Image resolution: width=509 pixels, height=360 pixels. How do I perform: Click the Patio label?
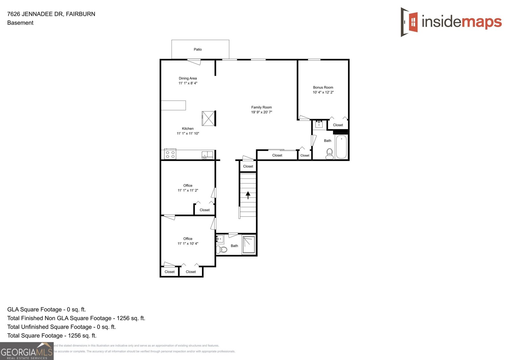(198, 49)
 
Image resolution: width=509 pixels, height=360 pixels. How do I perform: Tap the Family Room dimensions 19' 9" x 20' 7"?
(261, 112)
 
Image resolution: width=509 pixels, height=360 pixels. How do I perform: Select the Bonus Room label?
(323, 87)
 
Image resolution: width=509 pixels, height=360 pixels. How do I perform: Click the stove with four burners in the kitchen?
(170, 154)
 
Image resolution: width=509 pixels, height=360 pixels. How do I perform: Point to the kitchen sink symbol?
(207, 155)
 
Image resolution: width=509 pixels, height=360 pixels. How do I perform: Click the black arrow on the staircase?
(248, 195)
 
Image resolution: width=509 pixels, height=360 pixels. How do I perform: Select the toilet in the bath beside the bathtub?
(330, 154)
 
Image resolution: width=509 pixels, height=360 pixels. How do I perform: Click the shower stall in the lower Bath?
(249, 244)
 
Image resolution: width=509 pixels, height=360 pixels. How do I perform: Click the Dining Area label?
(188, 78)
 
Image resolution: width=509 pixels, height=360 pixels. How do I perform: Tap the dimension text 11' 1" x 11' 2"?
(188, 190)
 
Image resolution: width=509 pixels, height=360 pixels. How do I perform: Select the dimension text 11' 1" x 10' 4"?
(188, 244)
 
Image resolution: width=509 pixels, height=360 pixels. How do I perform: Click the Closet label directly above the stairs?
(248, 166)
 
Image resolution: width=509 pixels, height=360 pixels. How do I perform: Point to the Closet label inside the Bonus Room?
(338, 125)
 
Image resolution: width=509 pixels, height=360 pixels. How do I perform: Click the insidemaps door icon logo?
(409, 22)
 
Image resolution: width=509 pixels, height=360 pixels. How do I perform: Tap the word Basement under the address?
(20, 23)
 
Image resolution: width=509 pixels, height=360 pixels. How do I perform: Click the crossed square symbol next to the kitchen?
(208, 118)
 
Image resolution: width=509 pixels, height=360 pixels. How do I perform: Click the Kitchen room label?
(188, 128)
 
